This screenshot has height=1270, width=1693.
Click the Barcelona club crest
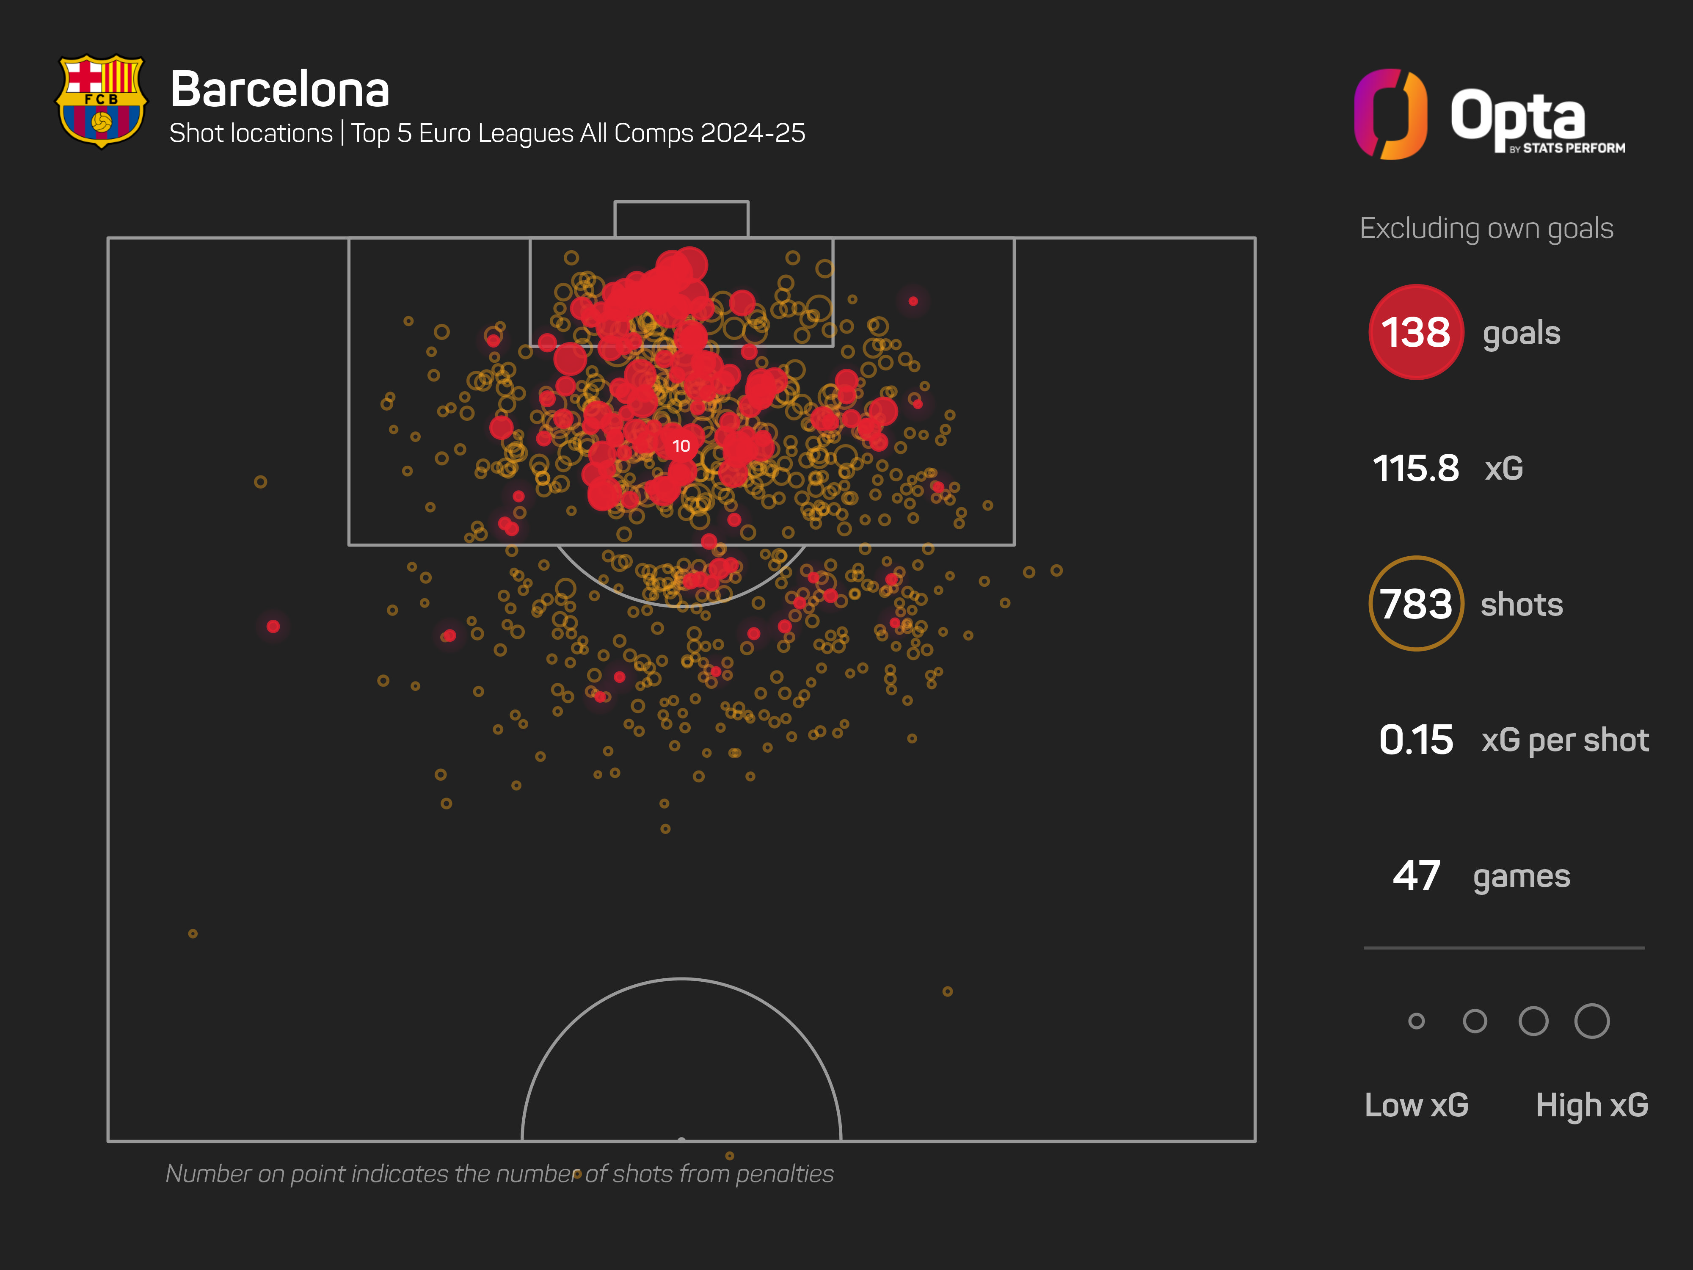tap(101, 100)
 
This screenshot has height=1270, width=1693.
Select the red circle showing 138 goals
tap(1415, 332)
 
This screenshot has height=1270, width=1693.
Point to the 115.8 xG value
tap(1415, 469)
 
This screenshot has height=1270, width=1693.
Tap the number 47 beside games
tap(1416, 876)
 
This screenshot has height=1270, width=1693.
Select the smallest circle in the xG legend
tap(1416, 1021)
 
